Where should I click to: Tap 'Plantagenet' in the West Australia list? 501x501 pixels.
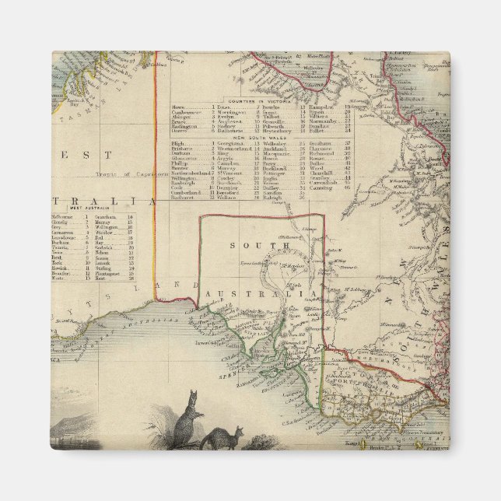tap(107, 273)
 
